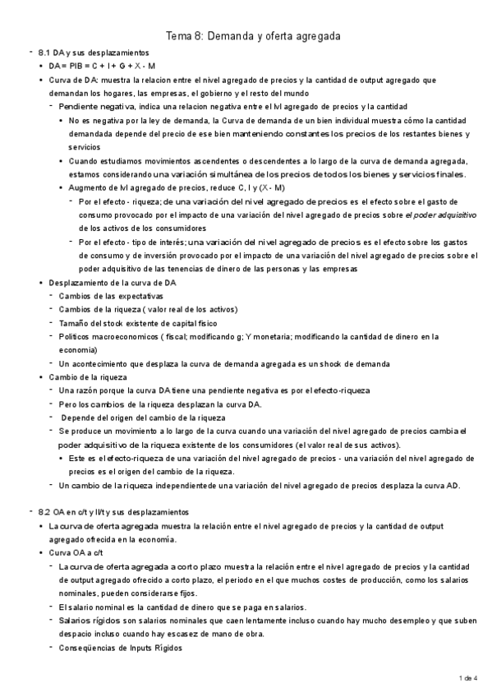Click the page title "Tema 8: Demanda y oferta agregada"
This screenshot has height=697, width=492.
click(x=253, y=36)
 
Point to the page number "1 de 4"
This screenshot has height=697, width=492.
click(x=467, y=677)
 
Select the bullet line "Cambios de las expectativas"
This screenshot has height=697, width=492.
click(x=111, y=295)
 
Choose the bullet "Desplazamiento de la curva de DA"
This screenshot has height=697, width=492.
click(x=113, y=282)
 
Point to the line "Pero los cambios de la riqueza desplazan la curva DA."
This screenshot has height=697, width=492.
click(x=160, y=404)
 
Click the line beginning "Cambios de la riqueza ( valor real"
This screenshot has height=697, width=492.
click(x=148, y=309)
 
